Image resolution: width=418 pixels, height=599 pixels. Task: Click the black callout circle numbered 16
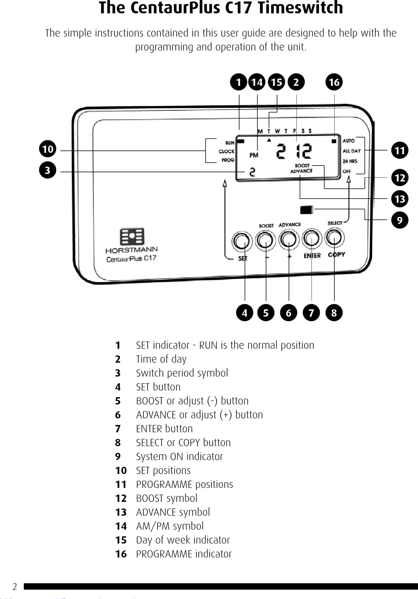pos(334,82)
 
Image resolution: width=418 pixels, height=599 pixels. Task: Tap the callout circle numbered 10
pos(48,149)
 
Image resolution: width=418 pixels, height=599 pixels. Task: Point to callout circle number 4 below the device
pos(244,313)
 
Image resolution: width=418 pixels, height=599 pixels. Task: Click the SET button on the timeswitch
pos(242,241)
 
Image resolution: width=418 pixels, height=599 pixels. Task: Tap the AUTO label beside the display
pos(348,141)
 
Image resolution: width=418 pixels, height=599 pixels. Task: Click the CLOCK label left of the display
pos(226,151)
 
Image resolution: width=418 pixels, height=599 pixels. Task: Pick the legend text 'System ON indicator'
pos(179,457)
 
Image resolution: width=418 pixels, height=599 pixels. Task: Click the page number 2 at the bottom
pos(15,587)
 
